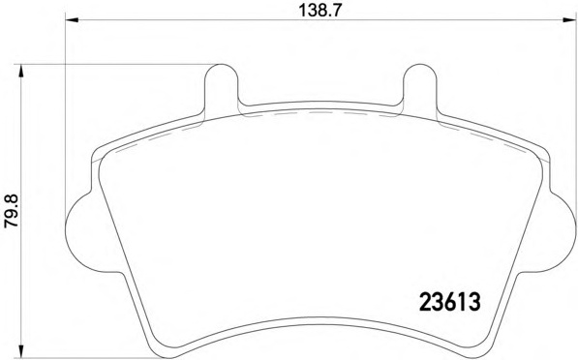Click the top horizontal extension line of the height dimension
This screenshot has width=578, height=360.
(116, 65)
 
